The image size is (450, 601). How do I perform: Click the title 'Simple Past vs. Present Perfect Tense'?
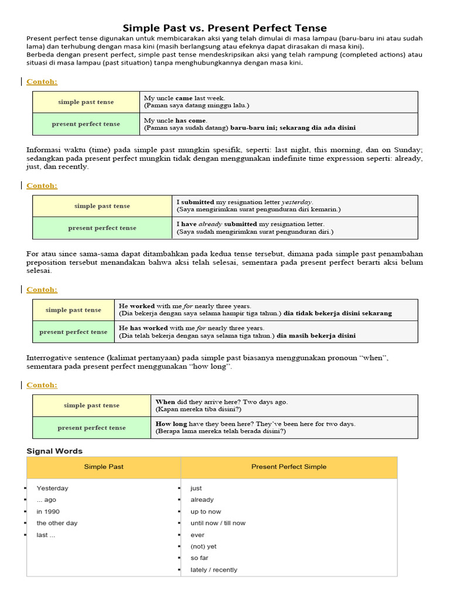[x=225, y=28]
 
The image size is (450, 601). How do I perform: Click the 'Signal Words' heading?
[x=54, y=451]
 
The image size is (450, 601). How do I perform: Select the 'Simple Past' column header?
[x=104, y=467]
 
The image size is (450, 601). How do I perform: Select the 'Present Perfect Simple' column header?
[x=289, y=467]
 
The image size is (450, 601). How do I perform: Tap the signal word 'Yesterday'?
[x=52, y=488]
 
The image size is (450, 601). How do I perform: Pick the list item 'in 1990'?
[x=48, y=511]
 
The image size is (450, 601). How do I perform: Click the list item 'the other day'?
[x=57, y=523]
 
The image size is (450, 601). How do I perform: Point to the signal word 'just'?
[x=196, y=488]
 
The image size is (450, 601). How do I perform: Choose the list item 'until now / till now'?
[x=218, y=523]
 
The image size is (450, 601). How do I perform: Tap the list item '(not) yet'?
[x=203, y=546]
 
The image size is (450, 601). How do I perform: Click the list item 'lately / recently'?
[x=214, y=570]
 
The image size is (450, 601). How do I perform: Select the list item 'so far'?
[x=199, y=558]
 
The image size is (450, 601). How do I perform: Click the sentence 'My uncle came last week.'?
[x=185, y=98]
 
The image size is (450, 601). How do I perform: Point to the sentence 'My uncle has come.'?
[x=176, y=120]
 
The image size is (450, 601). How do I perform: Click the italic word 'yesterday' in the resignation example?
[x=298, y=202]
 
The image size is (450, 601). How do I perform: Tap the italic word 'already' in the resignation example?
[x=210, y=224]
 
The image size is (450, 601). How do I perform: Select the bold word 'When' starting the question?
[x=165, y=402]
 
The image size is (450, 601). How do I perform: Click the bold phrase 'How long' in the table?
[x=171, y=424]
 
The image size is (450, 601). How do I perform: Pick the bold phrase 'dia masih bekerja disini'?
[x=316, y=336]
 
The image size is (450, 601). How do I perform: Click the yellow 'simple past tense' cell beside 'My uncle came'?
[x=86, y=102]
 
